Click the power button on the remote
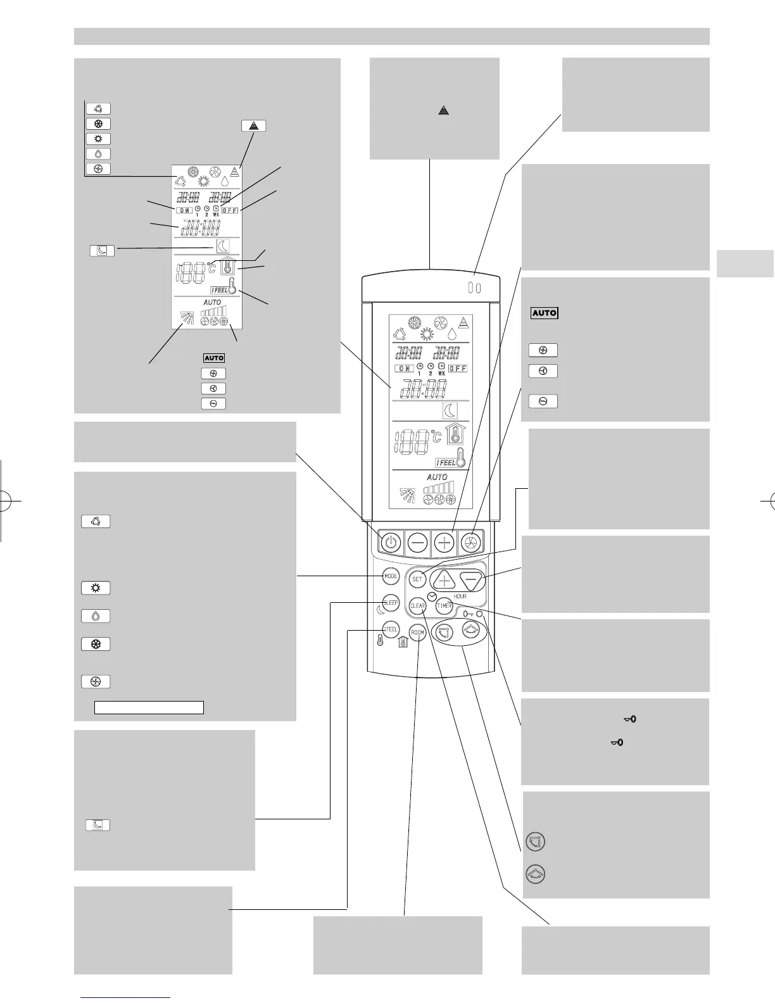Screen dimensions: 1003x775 pos(391,543)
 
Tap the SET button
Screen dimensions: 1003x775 pos(417,579)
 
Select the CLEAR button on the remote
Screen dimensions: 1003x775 pos(417,606)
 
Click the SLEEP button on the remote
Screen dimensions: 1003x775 pos(391,603)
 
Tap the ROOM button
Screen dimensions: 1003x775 pos(417,633)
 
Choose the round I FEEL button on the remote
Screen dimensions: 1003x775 pos(391,629)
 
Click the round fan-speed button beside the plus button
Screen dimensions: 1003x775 pos(471,543)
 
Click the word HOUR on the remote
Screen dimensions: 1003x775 pos(460,596)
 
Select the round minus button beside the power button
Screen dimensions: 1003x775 pos(418,543)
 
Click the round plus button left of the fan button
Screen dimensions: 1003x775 pos(444,543)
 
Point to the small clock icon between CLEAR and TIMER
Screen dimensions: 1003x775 pos(431,596)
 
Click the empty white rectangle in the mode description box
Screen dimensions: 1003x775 pos(149,707)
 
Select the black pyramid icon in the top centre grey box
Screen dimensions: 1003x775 pos(443,110)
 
